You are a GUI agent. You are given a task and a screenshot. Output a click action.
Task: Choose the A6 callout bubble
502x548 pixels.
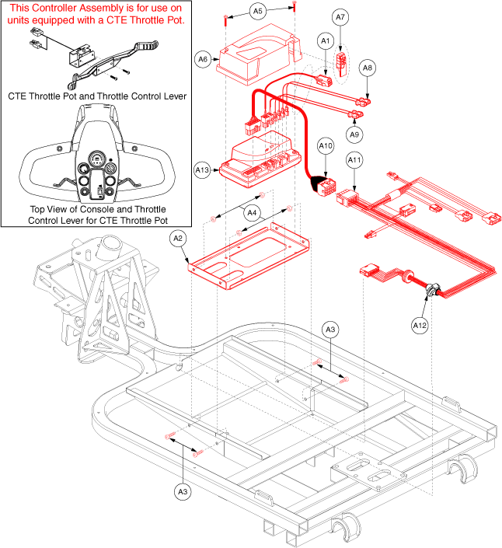(204, 58)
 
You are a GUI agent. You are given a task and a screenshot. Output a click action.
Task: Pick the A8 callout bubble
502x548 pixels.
(368, 69)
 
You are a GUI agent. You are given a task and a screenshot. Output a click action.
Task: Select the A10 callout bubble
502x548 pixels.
(326, 145)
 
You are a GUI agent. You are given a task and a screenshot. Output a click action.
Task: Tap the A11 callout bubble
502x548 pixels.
(354, 161)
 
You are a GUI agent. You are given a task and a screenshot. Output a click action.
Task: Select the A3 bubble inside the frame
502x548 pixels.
(330, 330)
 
